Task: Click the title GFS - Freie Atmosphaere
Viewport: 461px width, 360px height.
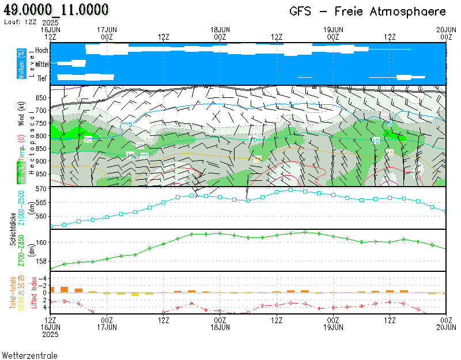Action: coord(368,12)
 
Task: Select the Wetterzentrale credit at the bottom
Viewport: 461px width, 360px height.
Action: coord(30,355)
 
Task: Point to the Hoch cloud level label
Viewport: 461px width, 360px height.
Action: coord(41,51)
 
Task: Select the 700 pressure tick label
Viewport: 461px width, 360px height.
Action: coord(41,111)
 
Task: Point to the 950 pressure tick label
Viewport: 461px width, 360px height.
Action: coord(41,175)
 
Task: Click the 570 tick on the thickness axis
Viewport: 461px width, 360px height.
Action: coord(41,189)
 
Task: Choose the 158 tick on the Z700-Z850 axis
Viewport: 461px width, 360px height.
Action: coord(41,261)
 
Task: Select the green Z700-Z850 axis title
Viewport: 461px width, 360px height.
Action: coord(22,249)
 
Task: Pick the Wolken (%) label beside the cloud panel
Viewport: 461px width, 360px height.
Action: coord(21,64)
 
